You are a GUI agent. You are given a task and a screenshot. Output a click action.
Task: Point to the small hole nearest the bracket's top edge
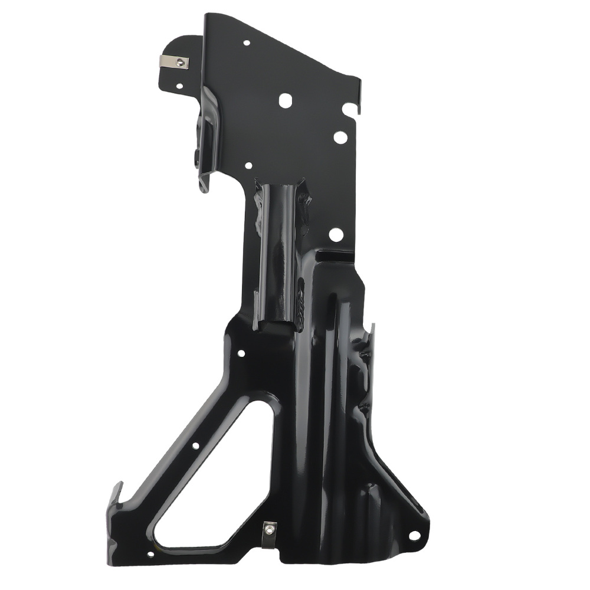pos(246,42)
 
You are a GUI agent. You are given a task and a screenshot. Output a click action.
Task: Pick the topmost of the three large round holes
pos(285,100)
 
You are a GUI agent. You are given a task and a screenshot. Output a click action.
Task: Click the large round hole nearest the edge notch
pos(340,137)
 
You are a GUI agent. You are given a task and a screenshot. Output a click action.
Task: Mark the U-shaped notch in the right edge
pos(351,109)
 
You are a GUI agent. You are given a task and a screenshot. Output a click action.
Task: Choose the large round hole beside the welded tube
pos(336,235)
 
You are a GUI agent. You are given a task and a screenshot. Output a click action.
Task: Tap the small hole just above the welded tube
pos(248,166)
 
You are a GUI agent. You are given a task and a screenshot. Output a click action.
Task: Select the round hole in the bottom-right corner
pos(414,536)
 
